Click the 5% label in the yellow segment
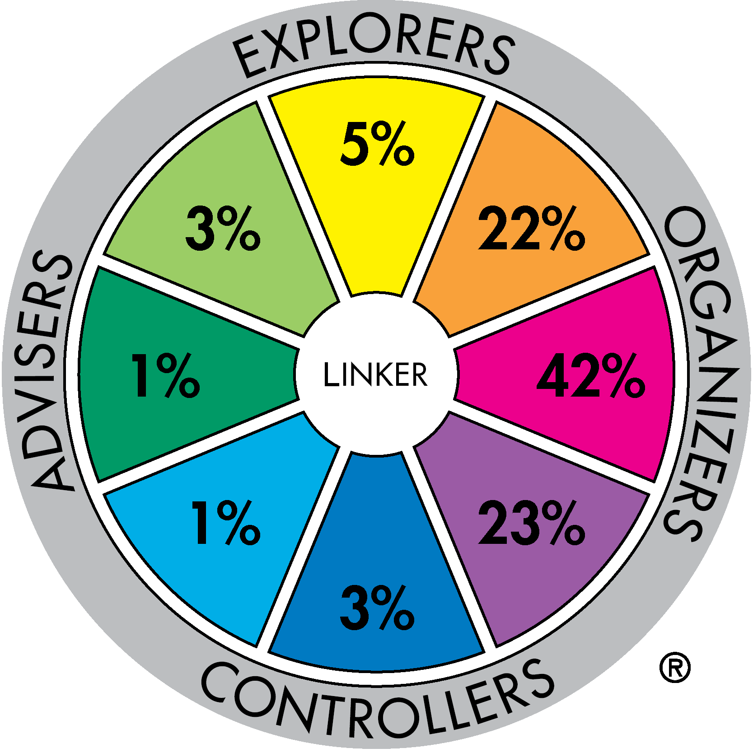pyautogui.click(x=377, y=143)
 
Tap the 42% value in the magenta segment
pyautogui.click(x=591, y=375)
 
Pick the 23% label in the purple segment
pyautogui.click(x=532, y=522)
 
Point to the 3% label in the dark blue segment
pyautogui.click(x=377, y=608)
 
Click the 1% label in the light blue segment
pyautogui.click(x=226, y=522)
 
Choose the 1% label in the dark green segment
pyautogui.click(x=165, y=375)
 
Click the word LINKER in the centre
pyautogui.click(x=375, y=374)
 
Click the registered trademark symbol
pyautogui.click(x=675, y=667)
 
